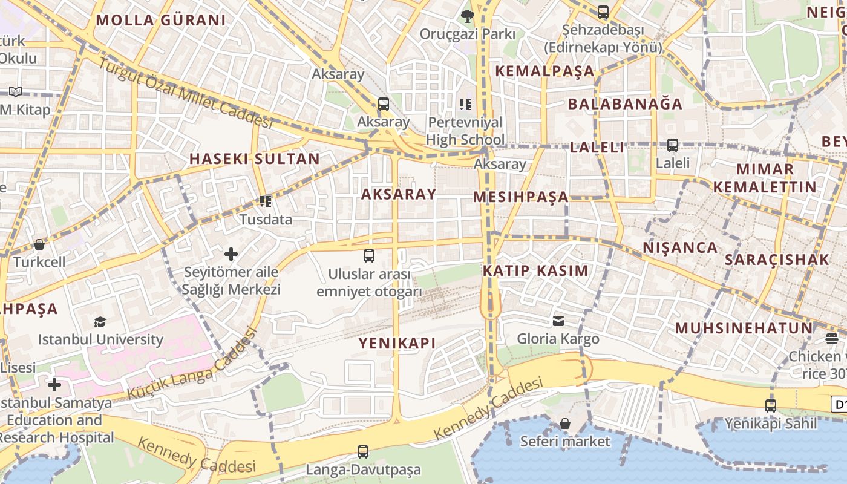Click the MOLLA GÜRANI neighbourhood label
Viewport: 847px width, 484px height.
tap(160, 20)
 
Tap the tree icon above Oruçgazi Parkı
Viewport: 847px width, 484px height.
tap(467, 16)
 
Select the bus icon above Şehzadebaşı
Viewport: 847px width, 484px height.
tap(603, 11)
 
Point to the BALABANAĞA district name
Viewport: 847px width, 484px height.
tap(625, 104)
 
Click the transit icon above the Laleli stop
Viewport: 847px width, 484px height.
tap(672, 145)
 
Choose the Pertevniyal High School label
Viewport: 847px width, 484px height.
tap(465, 131)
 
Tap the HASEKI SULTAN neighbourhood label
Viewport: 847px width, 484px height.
tap(254, 159)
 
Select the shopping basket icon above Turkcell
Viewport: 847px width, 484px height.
tap(39, 244)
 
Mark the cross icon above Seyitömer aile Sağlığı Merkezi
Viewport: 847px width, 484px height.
tap(231, 254)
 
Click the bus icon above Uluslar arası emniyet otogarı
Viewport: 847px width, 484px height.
tap(369, 256)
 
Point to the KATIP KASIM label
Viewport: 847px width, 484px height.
tap(535, 271)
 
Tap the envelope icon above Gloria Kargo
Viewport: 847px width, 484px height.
tap(558, 321)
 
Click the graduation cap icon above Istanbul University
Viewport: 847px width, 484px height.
tap(100, 322)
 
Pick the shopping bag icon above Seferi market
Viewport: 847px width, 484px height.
tap(564, 423)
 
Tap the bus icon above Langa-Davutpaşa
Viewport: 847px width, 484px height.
tap(362, 451)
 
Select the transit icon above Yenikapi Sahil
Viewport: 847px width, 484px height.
tap(770, 405)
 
